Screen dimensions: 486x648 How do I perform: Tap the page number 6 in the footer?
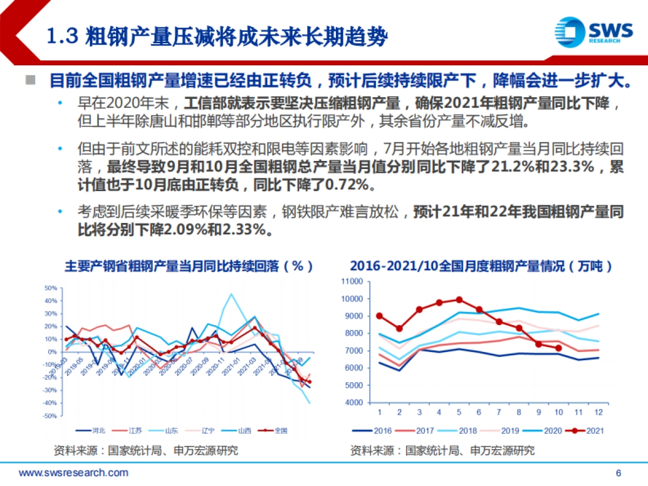coord(619,474)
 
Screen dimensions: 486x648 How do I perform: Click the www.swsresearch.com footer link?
coord(74,473)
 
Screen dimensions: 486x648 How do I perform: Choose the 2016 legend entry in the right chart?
coord(376,430)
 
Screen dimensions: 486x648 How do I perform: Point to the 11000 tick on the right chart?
coord(354,281)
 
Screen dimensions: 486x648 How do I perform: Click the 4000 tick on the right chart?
coord(355,403)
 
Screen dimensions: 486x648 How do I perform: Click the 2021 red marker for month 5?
coord(459,300)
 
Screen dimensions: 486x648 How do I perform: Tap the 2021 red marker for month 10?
coord(558,348)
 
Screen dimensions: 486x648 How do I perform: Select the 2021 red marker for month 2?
coord(399,328)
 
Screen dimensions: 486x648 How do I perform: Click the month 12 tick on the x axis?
coord(598,412)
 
